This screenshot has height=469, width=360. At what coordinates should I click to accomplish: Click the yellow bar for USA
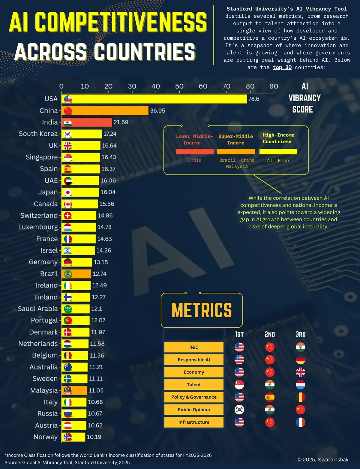coord(156,99)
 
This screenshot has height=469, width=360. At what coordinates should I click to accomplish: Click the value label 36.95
coord(157,110)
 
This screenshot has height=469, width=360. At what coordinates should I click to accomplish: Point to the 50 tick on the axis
coord(179,86)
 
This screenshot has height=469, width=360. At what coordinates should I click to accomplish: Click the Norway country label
coord(45,437)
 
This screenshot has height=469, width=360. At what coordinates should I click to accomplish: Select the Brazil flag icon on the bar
coord(68,274)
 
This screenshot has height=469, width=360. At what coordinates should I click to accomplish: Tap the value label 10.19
coord(94,437)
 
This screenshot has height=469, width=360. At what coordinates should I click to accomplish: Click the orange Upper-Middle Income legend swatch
coord(236,152)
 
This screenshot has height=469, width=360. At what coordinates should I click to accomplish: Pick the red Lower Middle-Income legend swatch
coord(194,152)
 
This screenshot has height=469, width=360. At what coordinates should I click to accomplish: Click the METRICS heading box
coord(202,310)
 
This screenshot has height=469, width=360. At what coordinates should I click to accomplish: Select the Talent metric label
coord(194,385)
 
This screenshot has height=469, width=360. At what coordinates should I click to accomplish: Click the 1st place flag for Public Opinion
coord(239,410)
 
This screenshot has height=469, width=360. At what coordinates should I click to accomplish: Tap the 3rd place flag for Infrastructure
coord(300,422)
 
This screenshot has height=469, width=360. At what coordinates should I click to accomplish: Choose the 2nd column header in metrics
coord(269,334)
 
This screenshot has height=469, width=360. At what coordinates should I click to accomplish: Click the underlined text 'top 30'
coord(282,67)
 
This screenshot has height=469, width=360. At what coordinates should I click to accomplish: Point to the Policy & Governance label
coord(194,397)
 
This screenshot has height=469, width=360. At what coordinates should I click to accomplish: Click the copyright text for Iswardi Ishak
coord(323,459)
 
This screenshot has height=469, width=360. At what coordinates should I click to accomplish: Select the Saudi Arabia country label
coord(37,309)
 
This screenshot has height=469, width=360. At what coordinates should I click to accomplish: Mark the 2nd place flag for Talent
coord(270,385)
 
